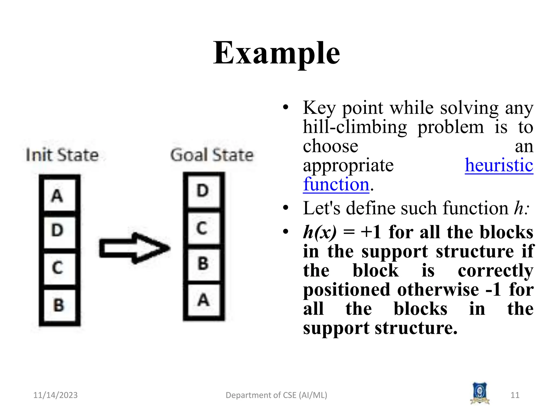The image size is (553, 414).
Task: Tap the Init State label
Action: [62, 155]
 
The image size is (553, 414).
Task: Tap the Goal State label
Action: [212, 155]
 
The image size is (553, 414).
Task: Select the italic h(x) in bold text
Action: [320, 232]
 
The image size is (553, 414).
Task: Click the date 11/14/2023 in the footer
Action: [55, 395]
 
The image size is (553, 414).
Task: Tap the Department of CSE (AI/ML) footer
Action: [276, 395]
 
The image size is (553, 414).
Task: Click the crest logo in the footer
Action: [480, 393]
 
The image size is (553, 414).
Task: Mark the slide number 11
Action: [515, 395]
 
